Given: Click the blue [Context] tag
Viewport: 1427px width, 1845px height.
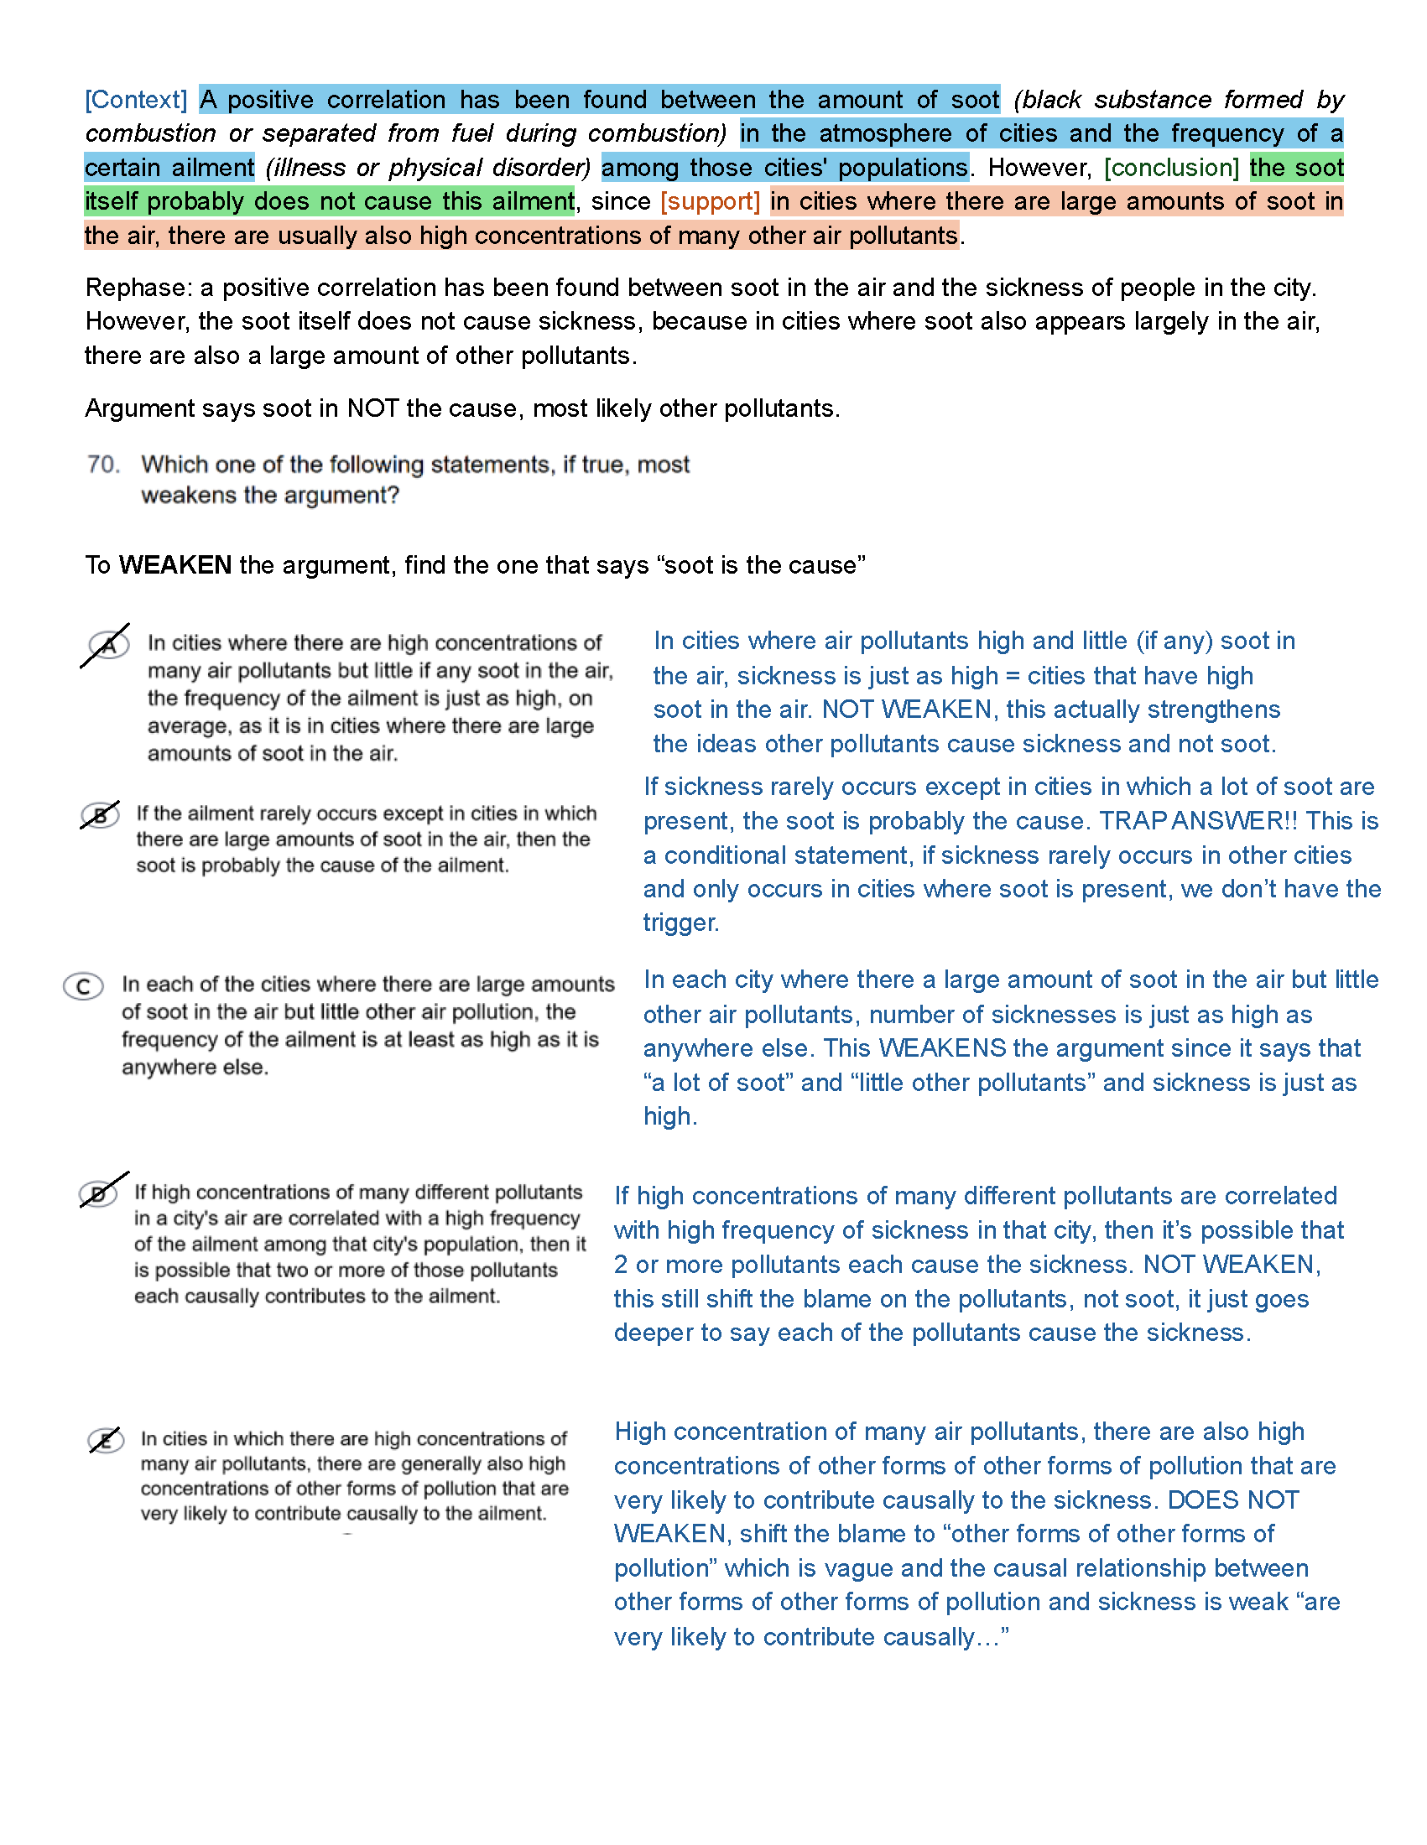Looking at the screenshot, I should [x=135, y=100].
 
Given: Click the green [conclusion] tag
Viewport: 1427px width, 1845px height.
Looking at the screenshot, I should [x=1171, y=167].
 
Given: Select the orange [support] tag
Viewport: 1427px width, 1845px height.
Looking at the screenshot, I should [x=710, y=201].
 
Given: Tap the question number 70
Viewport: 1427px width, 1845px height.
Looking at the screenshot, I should [x=103, y=464].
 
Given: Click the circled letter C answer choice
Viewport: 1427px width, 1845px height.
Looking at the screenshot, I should [x=84, y=986].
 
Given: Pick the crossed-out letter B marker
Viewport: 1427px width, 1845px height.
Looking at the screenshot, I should [x=100, y=815].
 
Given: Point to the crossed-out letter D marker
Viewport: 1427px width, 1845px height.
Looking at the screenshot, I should [x=99, y=1193].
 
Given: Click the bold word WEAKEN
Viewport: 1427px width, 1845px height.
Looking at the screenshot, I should [x=174, y=564].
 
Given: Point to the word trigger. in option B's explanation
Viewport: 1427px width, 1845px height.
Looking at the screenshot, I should [x=681, y=922].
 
